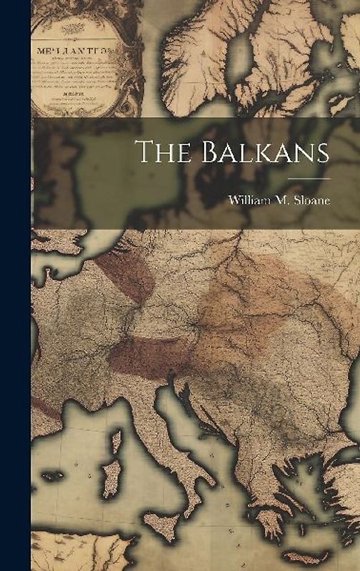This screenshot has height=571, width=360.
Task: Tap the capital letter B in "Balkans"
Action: click(196, 152)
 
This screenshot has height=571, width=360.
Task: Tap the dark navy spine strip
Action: click(15, 285)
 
